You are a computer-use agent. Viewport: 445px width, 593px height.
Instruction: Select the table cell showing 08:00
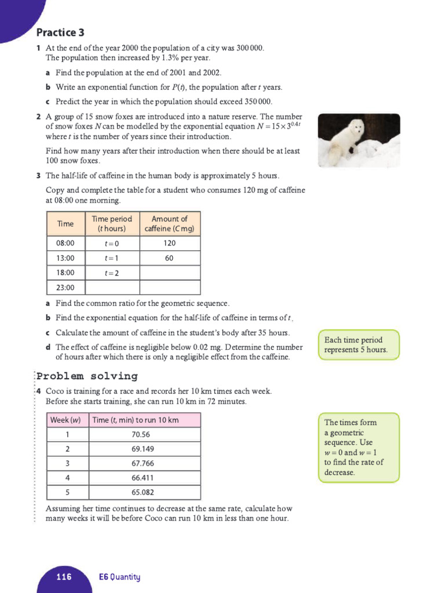tap(65, 243)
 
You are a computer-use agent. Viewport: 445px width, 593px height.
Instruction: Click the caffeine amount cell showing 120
tap(169, 243)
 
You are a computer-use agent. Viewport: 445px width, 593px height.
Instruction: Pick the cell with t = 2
tap(111, 273)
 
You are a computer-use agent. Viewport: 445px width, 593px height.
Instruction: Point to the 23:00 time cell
tap(65, 288)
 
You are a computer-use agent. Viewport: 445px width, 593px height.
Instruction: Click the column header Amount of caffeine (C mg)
tap(169, 224)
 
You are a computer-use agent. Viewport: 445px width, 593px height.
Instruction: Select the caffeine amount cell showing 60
tap(169, 258)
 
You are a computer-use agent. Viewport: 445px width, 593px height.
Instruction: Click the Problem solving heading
tap(87, 376)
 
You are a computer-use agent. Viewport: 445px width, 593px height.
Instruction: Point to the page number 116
tap(64, 577)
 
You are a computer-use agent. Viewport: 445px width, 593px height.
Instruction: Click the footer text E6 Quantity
tap(119, 577)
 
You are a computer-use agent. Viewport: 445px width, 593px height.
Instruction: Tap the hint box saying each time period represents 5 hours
tap(358, 345)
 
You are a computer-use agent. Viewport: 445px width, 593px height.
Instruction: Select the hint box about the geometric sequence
tap(358, 447)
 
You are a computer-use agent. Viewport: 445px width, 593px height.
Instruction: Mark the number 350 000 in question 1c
tap(254, 101)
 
